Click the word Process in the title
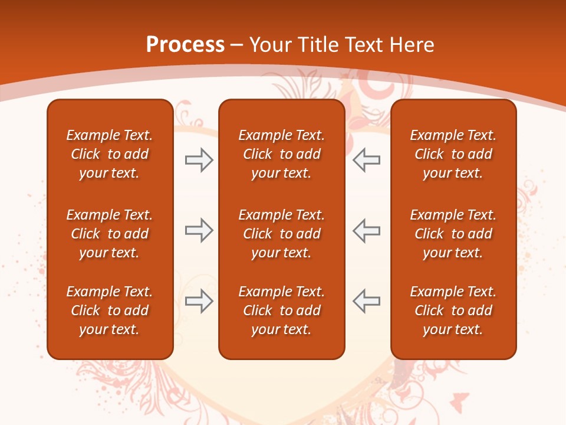pyautogui.click(x=185, y=45)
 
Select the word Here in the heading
pyautogui.click(x=412, y=45)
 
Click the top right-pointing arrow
pyautogui.click(x=199, y=160)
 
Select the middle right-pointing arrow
pyautogui.click(x=199, y=230)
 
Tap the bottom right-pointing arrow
pyautogui.click(x=199, y=301)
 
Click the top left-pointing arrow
pyautogui.click(x=367, y=160)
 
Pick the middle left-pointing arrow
pyautogui.click(x=367, y=230)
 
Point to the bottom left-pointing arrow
pyautogui.click(x=367, y=301)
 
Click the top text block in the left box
pyautogui.click(x=110, y=154)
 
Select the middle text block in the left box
pyautogui.click(x=110, y=234)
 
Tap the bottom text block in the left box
pyautogui.click(x=110, y=310)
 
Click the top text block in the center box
pyautogui.click(x=281, y=154)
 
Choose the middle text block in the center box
pyautogui.click(x=281, y=234)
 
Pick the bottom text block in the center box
pyautogui.click(x=281, y=310)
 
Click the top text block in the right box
pyautogui.click(x=453, y=154)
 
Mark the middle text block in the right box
pyautogui.click(x=453, y=234)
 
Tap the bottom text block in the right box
pyautogui.click(x=453, y=310)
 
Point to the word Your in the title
pyautogui.click(x=269, y=45)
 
